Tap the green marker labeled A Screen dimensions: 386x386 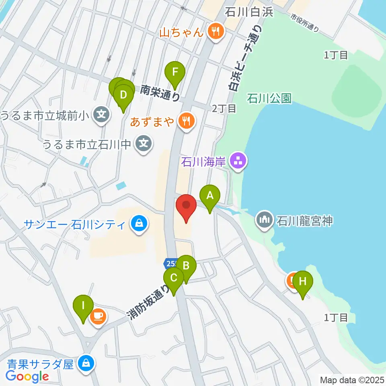click(209, 196)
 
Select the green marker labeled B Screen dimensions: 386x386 click(186, 266)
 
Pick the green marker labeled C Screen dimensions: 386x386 click(174, 278)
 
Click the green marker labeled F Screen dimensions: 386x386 click(175, 72)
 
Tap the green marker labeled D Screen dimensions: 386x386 click(123, 96)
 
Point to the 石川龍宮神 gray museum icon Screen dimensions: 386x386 click(264, 220)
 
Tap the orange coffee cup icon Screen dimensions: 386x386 click(98, 316)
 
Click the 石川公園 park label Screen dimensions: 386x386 click(269, 98)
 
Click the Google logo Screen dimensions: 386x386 click(27, 376)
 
